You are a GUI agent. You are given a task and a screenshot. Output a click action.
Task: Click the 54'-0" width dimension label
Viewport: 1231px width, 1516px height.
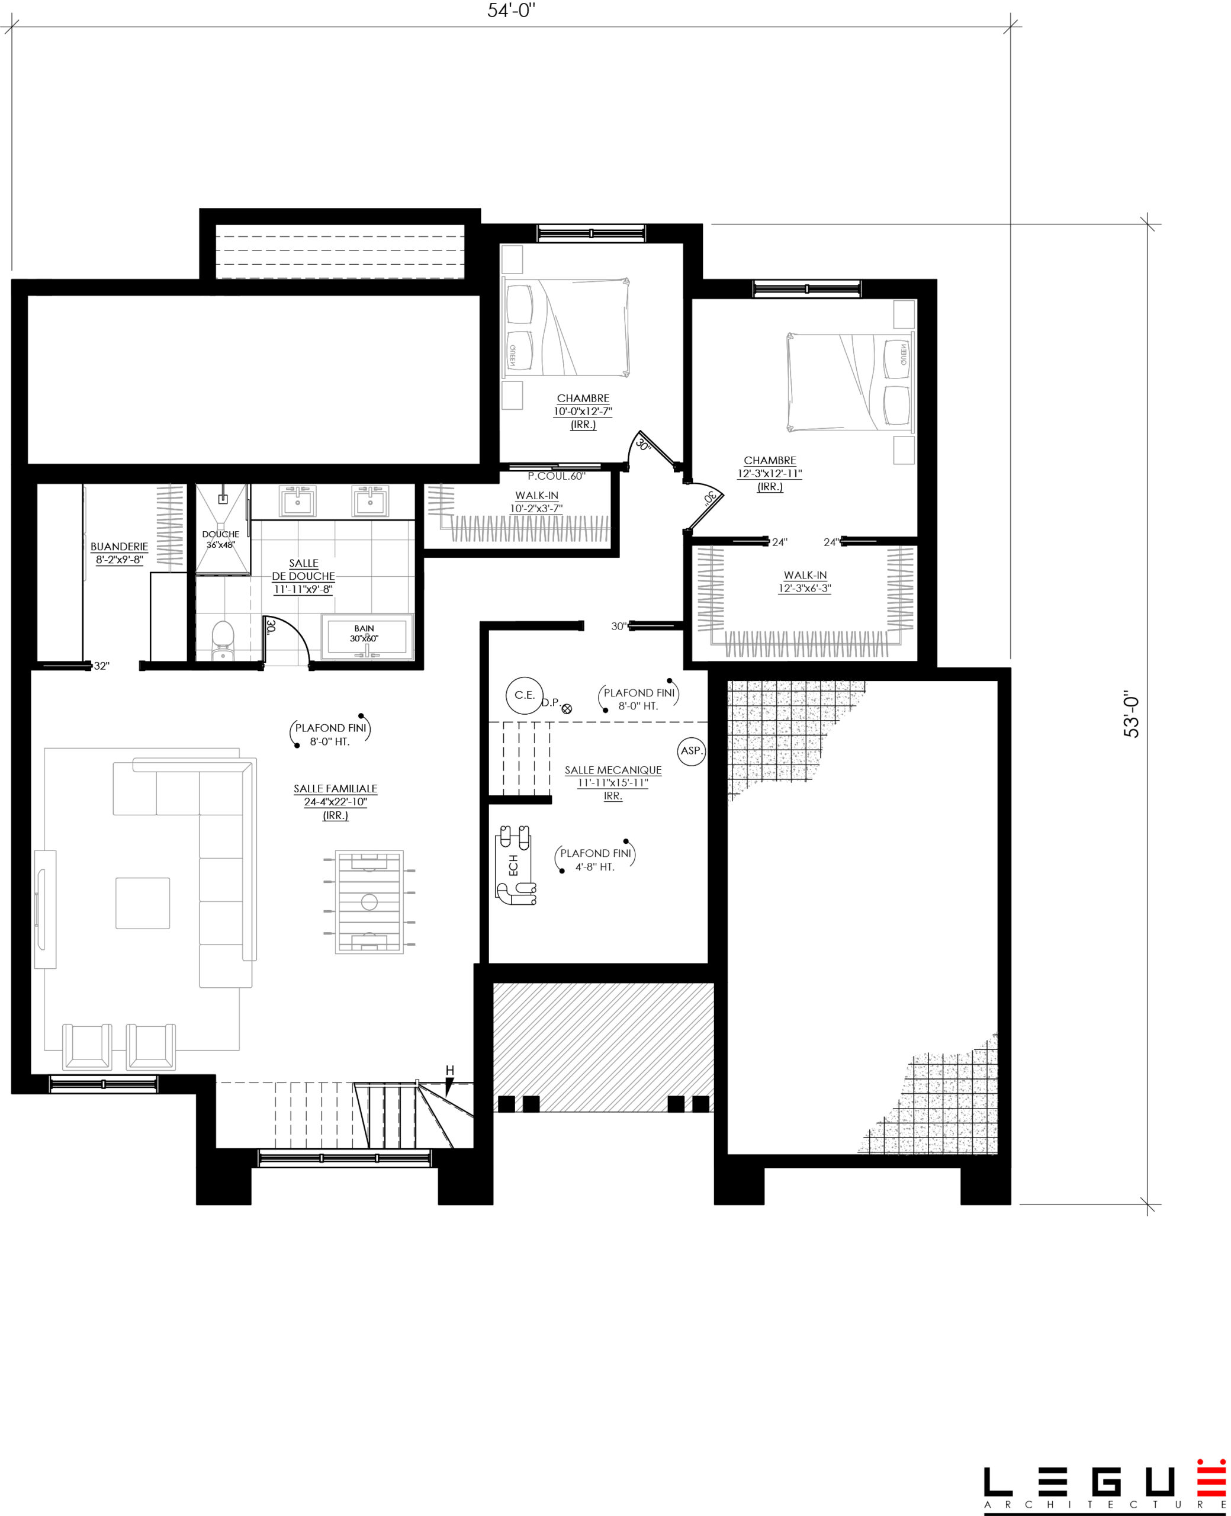point(510,11)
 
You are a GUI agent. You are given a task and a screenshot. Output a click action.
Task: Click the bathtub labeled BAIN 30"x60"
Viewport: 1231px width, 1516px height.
point(367,636)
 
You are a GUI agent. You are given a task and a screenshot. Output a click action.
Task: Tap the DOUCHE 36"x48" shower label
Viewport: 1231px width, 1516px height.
point(220,539)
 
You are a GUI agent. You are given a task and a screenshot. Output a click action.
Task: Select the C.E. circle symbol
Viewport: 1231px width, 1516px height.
point(525,695)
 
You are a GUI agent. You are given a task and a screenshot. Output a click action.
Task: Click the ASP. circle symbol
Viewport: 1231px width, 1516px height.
point(692,750)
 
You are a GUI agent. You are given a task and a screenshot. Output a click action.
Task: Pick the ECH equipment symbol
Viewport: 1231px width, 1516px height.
point(515,865)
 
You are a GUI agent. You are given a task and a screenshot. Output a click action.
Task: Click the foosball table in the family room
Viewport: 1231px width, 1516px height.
point(369,902)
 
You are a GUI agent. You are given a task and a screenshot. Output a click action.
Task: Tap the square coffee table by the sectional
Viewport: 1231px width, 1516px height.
point(143,902)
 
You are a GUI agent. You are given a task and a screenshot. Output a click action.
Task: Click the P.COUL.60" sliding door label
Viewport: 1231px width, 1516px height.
point(557,476)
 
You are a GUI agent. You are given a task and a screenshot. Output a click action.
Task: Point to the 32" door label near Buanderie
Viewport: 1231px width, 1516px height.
point(101,666)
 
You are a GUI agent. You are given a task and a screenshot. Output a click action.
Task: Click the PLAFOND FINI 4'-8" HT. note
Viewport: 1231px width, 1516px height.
point(596,859)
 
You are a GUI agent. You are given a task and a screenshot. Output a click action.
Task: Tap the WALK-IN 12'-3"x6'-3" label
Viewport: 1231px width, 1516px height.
point(805,582)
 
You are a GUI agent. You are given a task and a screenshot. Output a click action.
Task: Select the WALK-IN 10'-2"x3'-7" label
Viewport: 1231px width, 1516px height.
point(537,502)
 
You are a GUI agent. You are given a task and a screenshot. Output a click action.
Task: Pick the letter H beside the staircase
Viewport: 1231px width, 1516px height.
point(449,1070)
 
